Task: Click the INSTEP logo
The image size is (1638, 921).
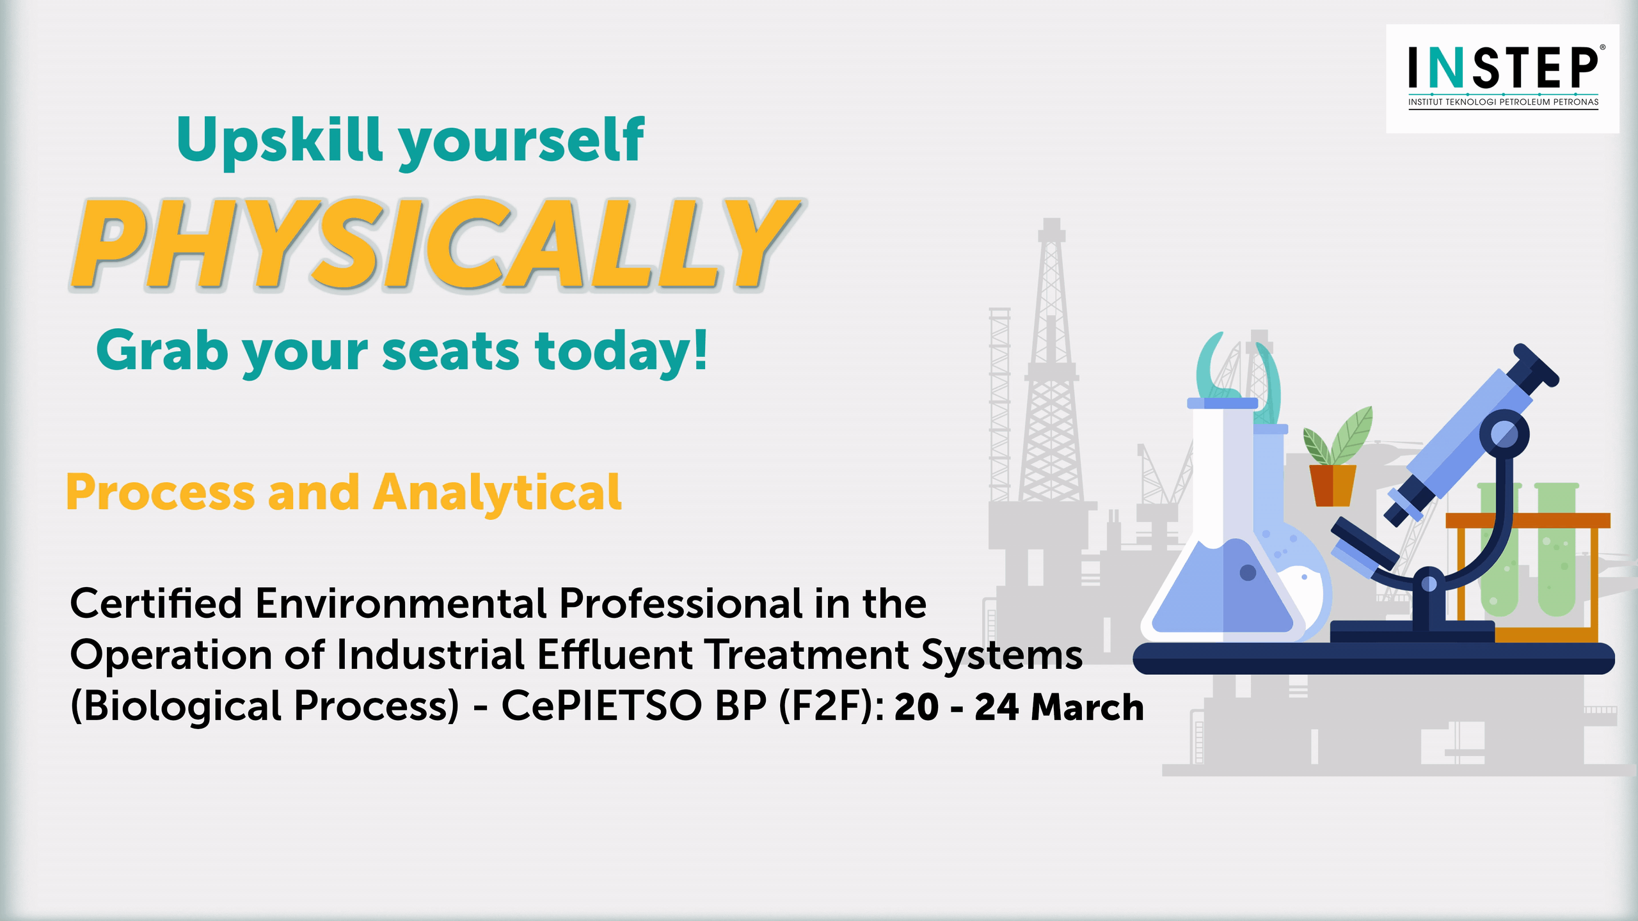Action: (1502, 79)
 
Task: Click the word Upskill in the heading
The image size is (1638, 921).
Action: (280, 141)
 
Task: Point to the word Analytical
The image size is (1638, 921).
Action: (497, 493)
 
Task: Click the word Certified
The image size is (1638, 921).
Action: (155, 603)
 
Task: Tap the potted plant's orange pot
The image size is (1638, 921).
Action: (1333, 485)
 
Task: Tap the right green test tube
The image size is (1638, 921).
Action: (1556, 549)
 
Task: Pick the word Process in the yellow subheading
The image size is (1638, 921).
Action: (161, 494)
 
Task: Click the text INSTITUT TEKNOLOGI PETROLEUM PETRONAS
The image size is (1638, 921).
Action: (1503, 102)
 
